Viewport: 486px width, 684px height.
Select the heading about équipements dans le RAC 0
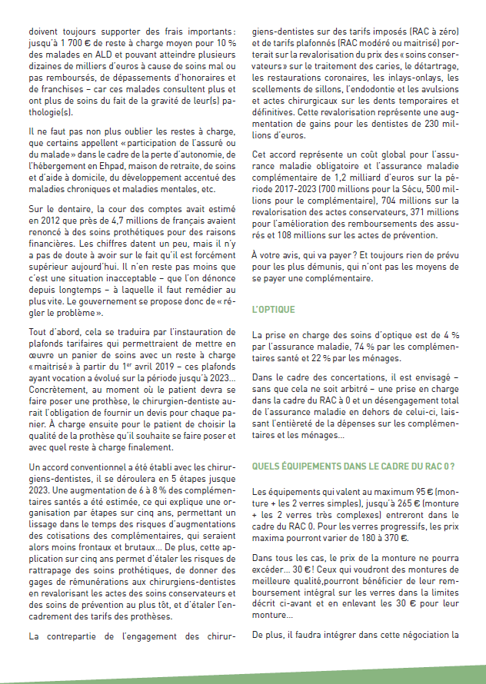point(353,466)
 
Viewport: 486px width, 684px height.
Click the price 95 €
point(417,490)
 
